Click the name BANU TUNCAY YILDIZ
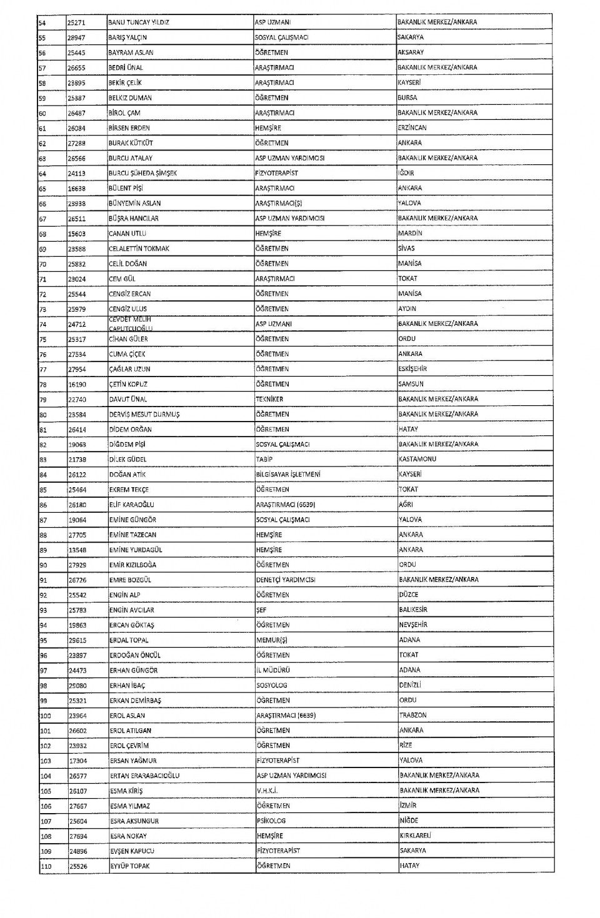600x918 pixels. (x=139, y=22)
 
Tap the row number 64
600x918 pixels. (x=42, y=173)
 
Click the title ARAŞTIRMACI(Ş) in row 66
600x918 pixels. (x=279, y=203)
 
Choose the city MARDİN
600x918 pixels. (x=410, y=234)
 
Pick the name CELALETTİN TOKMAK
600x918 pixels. (x=139, y=249)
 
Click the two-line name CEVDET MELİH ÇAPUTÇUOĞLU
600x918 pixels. (x=131, y=323)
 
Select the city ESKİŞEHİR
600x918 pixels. (x=412, y=369)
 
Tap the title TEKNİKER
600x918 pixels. (x=269, y=399)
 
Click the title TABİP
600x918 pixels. (x=264, y=459)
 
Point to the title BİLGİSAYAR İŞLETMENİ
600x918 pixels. (x=288, y=475)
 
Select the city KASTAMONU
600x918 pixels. (x=417, y=459)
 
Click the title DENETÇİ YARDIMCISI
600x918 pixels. (x=286, y=580)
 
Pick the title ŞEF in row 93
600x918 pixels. (x=261, y=610)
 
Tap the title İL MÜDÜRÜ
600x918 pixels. (x=273, y=670)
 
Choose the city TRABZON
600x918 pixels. (x=413, y=715)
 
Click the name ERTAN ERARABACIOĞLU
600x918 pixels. (x=144, y=776)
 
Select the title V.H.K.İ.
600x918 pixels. (x=267, y=791)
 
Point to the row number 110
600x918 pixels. (x=46, y=866)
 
